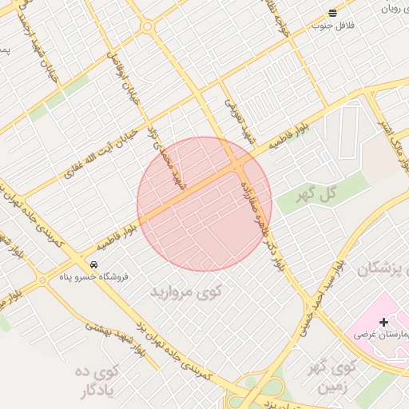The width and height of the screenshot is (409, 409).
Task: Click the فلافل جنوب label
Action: [x=332, y=26]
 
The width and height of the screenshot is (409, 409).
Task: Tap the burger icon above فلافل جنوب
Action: [x=332, y=13]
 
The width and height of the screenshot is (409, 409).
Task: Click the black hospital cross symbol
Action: [x=383, y=322]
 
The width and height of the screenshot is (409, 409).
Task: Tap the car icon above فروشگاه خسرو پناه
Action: [x=94, y=264]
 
